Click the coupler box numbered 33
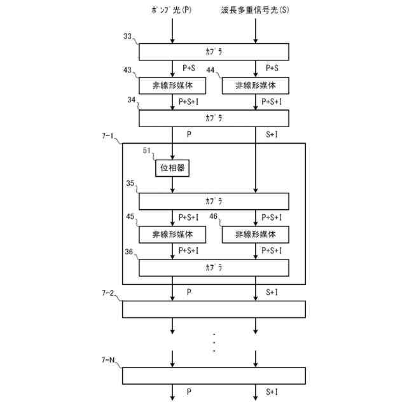tap(214, 52)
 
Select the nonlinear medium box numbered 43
tap(172, 85)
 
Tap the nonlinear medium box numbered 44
tap(255, 85)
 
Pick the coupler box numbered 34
tap(214, 118)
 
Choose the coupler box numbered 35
tap(214, 201)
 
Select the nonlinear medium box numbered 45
tap(172, 234)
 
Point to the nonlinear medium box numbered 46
tap(255, 234)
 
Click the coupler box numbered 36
tap(214, 267)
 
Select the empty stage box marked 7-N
tap(214, 376)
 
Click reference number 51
tap(147, 151)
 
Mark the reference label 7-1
tap(109, 136)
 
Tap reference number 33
tap(128, 38)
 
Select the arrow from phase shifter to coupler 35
tap(172, 184)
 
